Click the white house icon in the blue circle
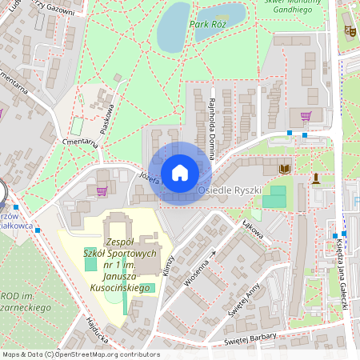click(x=180, y=173)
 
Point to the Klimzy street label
click(x=167, y=266)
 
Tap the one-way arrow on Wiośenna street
click(x=213, y=254)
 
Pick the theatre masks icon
click(x=349, y=30)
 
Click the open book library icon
click(x=285, y=169)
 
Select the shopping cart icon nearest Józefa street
click(x=102, y=190)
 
